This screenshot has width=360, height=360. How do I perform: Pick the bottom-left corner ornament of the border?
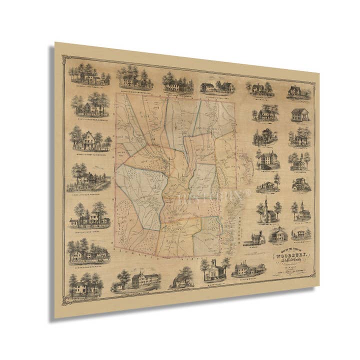point(64,303)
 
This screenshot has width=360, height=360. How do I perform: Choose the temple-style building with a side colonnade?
point(299,115)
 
